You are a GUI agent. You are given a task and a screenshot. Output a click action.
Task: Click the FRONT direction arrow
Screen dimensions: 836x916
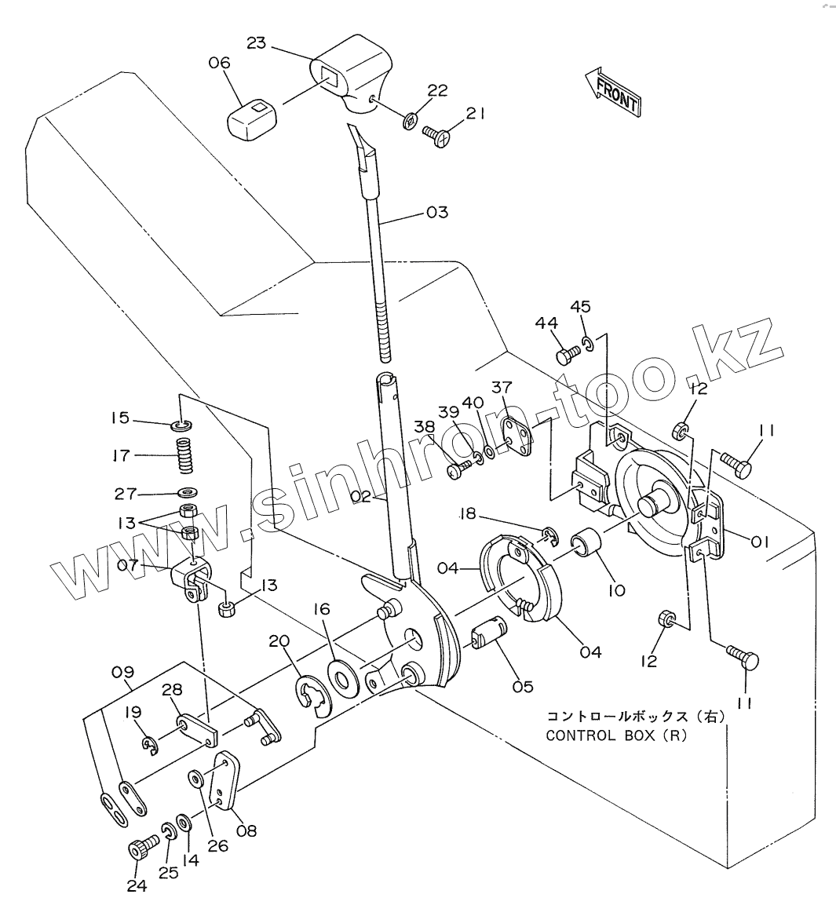click(x=613, y=91)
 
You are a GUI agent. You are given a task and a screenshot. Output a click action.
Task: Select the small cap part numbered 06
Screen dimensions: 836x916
click(x=252, y=119)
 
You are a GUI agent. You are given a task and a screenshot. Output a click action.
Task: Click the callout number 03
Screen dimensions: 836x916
click(x=437, y=212)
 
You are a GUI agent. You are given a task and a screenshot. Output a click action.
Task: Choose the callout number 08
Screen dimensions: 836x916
click(x=246, y=830)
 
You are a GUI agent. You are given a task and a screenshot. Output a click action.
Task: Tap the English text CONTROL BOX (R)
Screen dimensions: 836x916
click(x=615, y=735)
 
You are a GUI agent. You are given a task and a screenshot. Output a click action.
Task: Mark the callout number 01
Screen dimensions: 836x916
click(x=759, y=542)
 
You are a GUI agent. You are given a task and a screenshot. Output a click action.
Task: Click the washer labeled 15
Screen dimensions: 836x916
click(x=182, y=423)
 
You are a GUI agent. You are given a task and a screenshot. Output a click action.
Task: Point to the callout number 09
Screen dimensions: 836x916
click(x=122, y=673)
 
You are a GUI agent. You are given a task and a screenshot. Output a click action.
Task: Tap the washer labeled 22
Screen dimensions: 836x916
click(x=410, y=121)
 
